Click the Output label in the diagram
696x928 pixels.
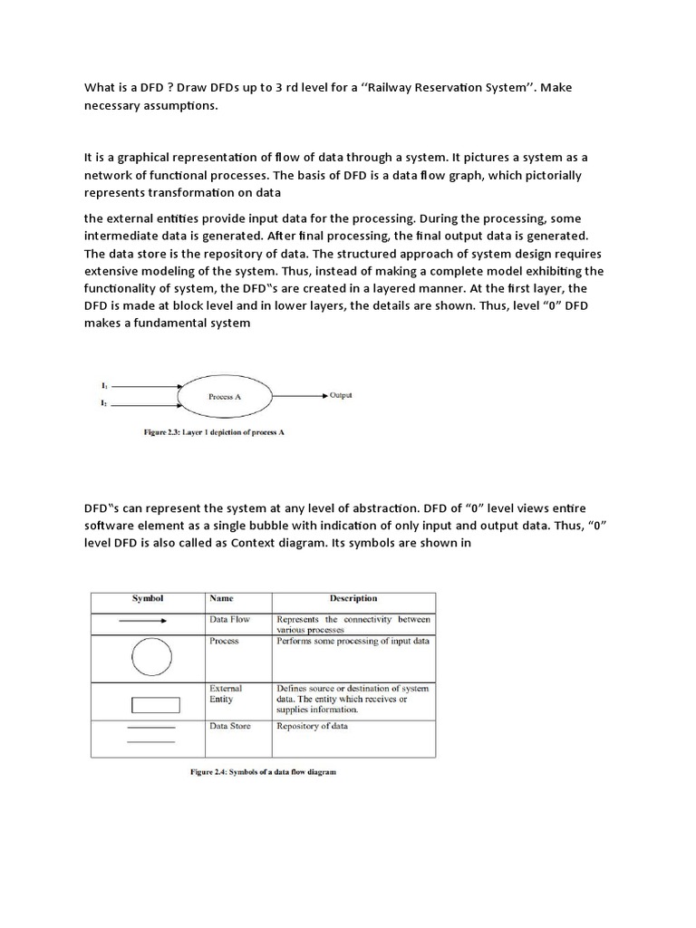(341, 395)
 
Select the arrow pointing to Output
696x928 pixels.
(309, 396)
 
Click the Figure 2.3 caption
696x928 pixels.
(214, 432)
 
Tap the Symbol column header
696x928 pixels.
(147, 599)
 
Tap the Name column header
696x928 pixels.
(221, 599)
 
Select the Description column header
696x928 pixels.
(353, 599)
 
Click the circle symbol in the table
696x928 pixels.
(150, 657)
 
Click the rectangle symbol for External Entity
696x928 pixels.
(155, 704)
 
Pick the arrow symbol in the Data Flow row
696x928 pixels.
(142, 621)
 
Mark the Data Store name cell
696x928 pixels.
(230, 726)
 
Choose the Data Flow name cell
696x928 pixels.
(230, 619)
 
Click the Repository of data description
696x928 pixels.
(312, 726)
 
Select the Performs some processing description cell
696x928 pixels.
(353, 641)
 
